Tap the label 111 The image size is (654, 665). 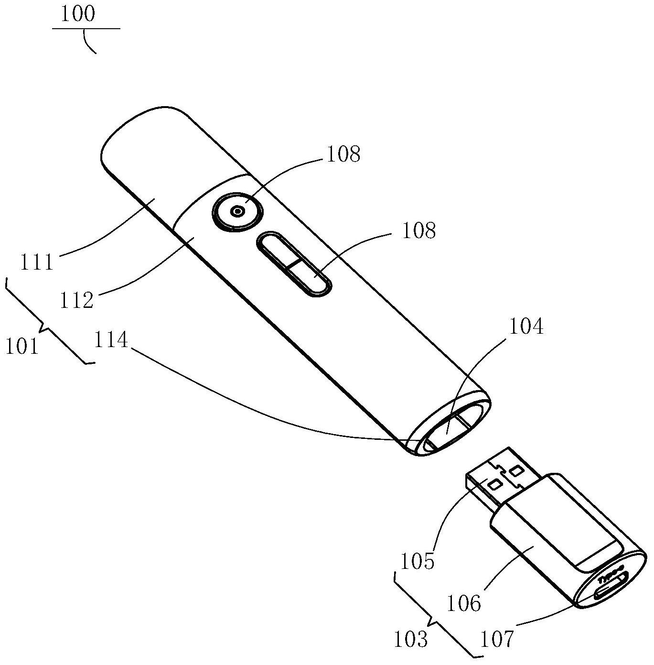[37, 262]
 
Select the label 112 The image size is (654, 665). [76, 300]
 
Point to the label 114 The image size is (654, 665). [111, 340]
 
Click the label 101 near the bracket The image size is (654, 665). [21, 346]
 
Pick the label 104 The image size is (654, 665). [526, 327]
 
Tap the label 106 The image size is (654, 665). [463, 604]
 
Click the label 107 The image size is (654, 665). [497, 639]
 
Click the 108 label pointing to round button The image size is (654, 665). [343, 154]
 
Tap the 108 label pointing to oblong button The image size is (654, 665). [419, 230]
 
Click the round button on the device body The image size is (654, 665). [237, 211]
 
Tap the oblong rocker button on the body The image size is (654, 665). [295, 264]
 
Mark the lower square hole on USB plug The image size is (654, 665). [495, 485]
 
